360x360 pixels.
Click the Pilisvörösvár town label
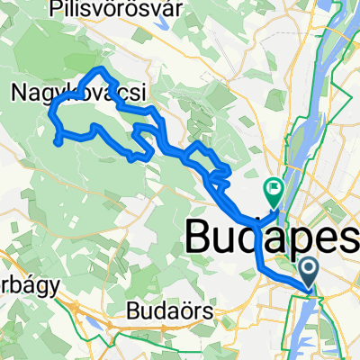(x=130, y=9)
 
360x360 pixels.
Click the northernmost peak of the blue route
(x=102, y=68)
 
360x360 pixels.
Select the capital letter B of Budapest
(x=200, y=237)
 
